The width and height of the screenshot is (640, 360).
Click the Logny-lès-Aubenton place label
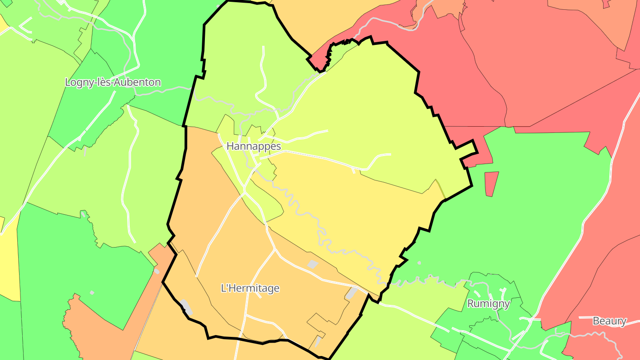pyautogui.click(x=113, y=82)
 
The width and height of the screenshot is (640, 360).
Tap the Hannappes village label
pyautogui.click(x=254, y=146)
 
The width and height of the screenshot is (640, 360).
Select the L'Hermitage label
pyautogui.click(x=250, y=288)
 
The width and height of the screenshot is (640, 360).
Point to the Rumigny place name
pyautogui.click(x=488, y=304)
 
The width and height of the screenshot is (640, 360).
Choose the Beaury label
pyautogui.click(x=609, y=321)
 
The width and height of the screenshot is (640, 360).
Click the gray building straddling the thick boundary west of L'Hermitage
pyautogui.click(x=186, y=307)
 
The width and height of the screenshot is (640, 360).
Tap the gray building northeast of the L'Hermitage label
pyautogui.click(x=313, y=264)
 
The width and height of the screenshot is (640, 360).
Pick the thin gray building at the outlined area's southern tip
pyautogui.click(x=318, y=341)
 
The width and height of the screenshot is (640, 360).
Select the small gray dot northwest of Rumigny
pyautogui.click(x=419, y=263)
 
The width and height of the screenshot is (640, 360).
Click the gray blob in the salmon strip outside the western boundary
pyautogui.click(x=156, y=271)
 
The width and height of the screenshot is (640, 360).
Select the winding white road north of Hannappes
pyautogui.click(x=262, y=76)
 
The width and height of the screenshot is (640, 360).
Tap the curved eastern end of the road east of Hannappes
pyautogui.click(x=378, y=157)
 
